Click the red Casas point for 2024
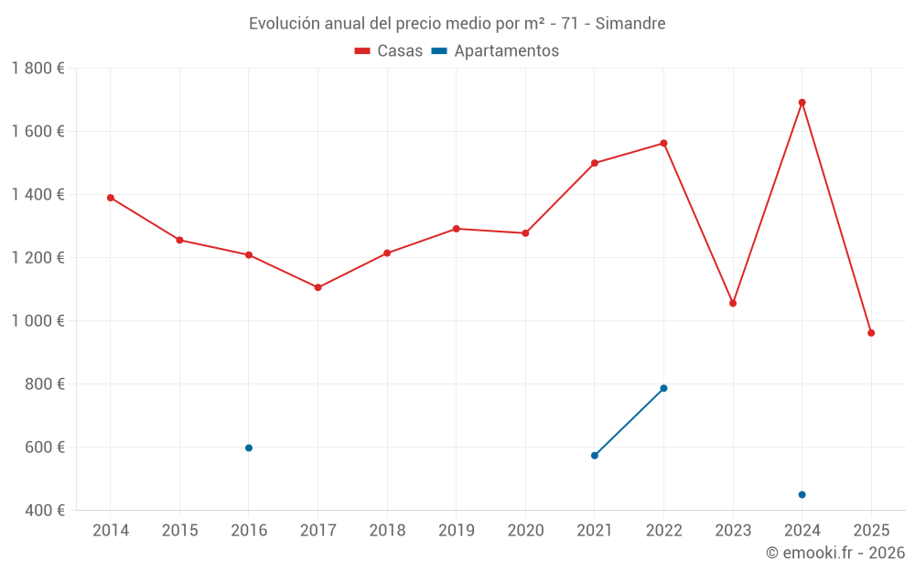click(802, 103)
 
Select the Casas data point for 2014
click(111, 198)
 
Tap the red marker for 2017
click(318, 287)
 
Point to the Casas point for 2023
click(733, 303)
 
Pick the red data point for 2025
click(871, 333)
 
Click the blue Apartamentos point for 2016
click(249, 448)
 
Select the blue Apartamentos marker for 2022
click(663, 388)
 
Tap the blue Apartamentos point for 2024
click(802, 494)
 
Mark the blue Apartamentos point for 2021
click(595, 455)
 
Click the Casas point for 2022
click(663, 143)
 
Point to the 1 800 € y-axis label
click(38, 68)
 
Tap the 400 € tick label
click(46, 510)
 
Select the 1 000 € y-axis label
click(38, 320)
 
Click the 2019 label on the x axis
click(456, 530)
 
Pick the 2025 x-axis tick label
click(871, 530)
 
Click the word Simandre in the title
click(630, 23)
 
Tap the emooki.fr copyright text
click(834, 553)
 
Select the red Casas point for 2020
click(525, 233)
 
